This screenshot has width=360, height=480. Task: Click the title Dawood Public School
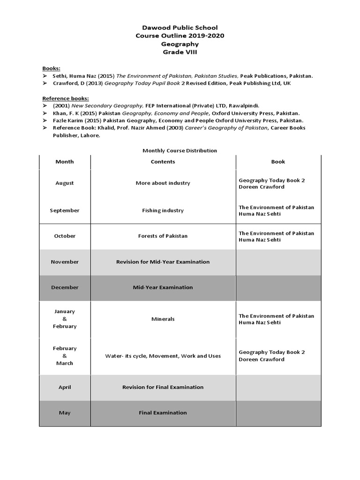coord(180,28)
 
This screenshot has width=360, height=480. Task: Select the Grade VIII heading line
coord(180,52)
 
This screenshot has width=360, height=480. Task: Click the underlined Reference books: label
coord(66,98)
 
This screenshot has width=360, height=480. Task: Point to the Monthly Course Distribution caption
coord(180,150)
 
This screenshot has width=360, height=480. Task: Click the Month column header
coord(65,161)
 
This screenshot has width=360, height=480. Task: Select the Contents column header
coord(163,161)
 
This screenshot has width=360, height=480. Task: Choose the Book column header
coord(278,161)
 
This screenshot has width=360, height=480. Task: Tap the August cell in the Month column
coord(65,183)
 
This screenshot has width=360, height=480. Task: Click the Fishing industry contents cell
coord(163,210)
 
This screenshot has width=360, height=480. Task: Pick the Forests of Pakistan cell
coord(163,236)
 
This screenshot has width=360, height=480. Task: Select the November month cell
coord(65,262)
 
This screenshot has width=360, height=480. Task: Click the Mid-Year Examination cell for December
coord(163,287)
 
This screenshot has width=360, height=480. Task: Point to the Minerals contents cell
coord(163,319)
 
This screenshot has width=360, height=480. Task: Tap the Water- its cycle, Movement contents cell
coord(163,356)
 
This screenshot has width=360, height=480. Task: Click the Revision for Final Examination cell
coord(163,387)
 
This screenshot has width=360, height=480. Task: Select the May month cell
coord(65,412)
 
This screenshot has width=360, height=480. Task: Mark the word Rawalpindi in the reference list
coord(243,105)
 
